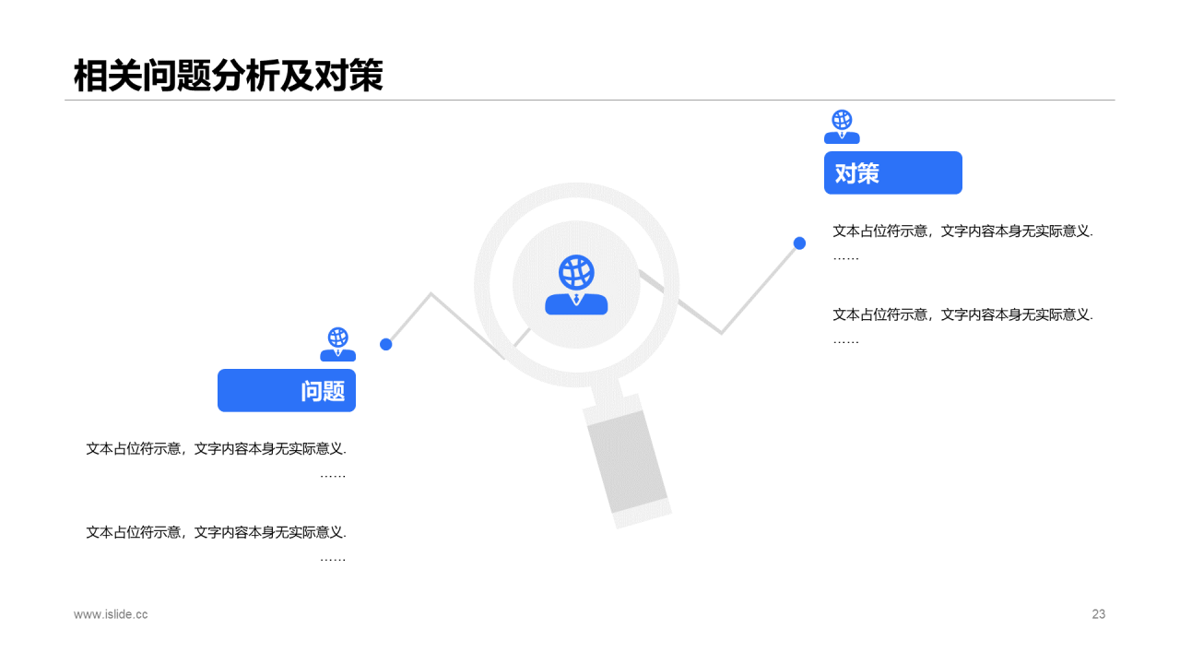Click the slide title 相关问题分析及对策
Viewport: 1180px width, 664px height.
click(228, 77)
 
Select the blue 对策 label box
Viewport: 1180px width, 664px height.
click(892, 172)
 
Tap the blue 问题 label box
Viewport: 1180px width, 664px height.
click(287, 390)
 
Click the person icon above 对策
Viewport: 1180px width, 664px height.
click(842, 127)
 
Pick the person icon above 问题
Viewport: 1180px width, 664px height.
click(337, 344)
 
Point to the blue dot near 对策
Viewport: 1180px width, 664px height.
click(799, 243)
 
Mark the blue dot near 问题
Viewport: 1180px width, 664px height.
click(386, 344)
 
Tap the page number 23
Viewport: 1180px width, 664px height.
click(1098, 614)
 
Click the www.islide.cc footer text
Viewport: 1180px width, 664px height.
click(111, 614)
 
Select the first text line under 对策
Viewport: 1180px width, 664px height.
click(962, 231)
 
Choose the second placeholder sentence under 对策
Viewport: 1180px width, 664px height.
click(962, 314)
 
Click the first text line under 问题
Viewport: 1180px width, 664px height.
click(216, 449)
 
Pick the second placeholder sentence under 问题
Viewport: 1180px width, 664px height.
click(216, 532)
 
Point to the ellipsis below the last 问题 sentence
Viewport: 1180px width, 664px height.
click(332, 559)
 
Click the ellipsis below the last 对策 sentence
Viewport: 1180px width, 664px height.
click(845, 341)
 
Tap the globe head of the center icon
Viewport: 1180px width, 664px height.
click(576, 272)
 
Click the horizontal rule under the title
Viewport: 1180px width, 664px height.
click(590, 100)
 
